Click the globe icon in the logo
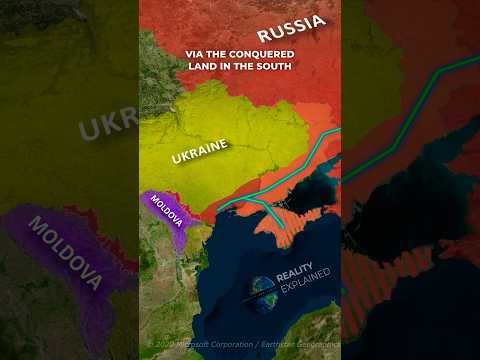coord(265,289)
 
